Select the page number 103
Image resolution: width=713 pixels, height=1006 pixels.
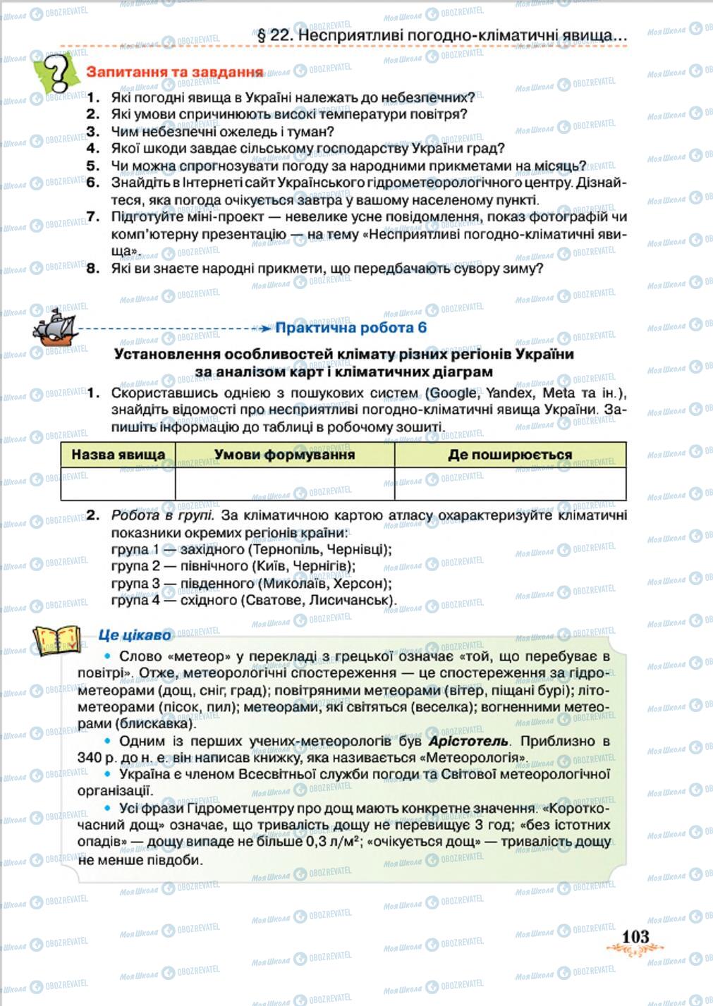pos(635,936)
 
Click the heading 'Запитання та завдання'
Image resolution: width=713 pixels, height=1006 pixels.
pos(174,72)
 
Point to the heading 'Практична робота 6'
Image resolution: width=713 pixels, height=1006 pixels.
pos(351,328)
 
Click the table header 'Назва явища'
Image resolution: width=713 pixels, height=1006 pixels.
pos(118,455)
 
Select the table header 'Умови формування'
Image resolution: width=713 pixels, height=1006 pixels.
pos(284,455)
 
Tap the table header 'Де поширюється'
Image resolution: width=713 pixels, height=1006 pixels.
pos(509,455)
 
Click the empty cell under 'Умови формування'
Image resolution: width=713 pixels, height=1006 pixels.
pos(284,484)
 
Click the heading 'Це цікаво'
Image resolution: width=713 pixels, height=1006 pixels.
pos(135,636)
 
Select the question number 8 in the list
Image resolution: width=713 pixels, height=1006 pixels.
pos(92,269)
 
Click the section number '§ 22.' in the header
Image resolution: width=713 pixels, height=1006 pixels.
pos(271,35)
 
